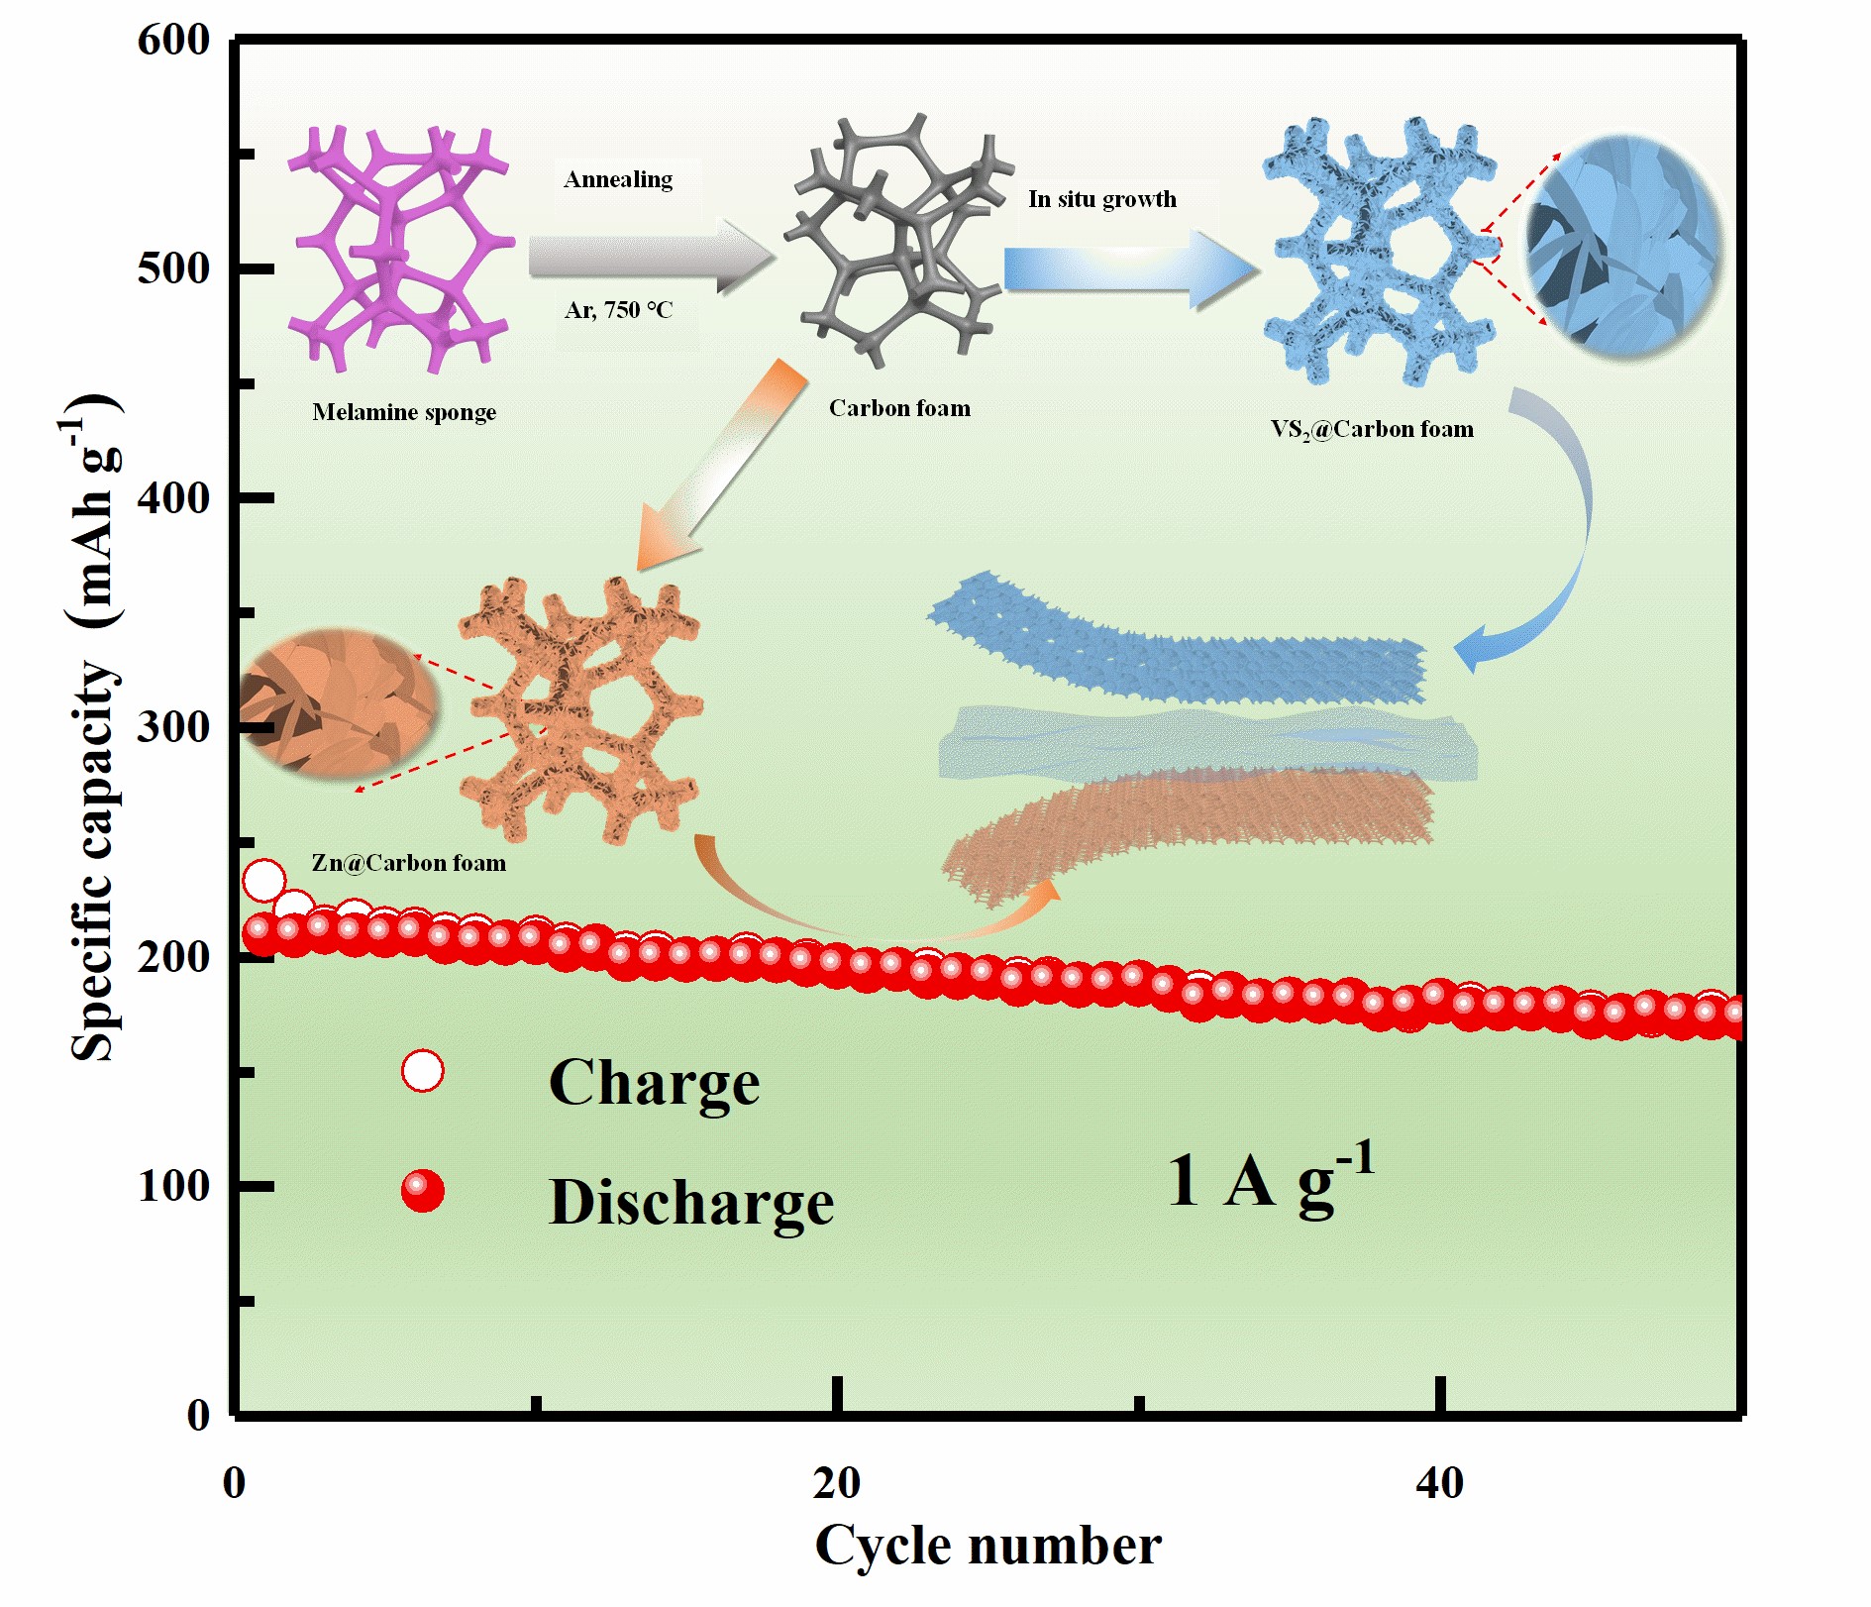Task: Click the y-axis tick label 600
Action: (173, 41)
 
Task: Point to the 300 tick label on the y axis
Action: (173, 727)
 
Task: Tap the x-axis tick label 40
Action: (1439, 1482)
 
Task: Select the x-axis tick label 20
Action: (837, 1482)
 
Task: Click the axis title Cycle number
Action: (987, 1545)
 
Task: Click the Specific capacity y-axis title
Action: (94, 728)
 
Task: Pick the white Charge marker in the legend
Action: (423, 1071)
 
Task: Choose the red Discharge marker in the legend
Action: (423, 1190)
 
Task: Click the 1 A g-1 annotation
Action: (1270, 1179)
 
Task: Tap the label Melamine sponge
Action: (404, 412)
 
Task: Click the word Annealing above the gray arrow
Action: (618, 179)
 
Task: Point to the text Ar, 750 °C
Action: (618, 310)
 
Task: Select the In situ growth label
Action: (1102, 199)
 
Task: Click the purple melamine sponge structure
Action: (401, 248)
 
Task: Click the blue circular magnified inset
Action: (1624, 248)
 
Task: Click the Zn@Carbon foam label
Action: (408, 863)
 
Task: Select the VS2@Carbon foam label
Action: (1372, 429)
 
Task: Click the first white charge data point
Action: (263, 880)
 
